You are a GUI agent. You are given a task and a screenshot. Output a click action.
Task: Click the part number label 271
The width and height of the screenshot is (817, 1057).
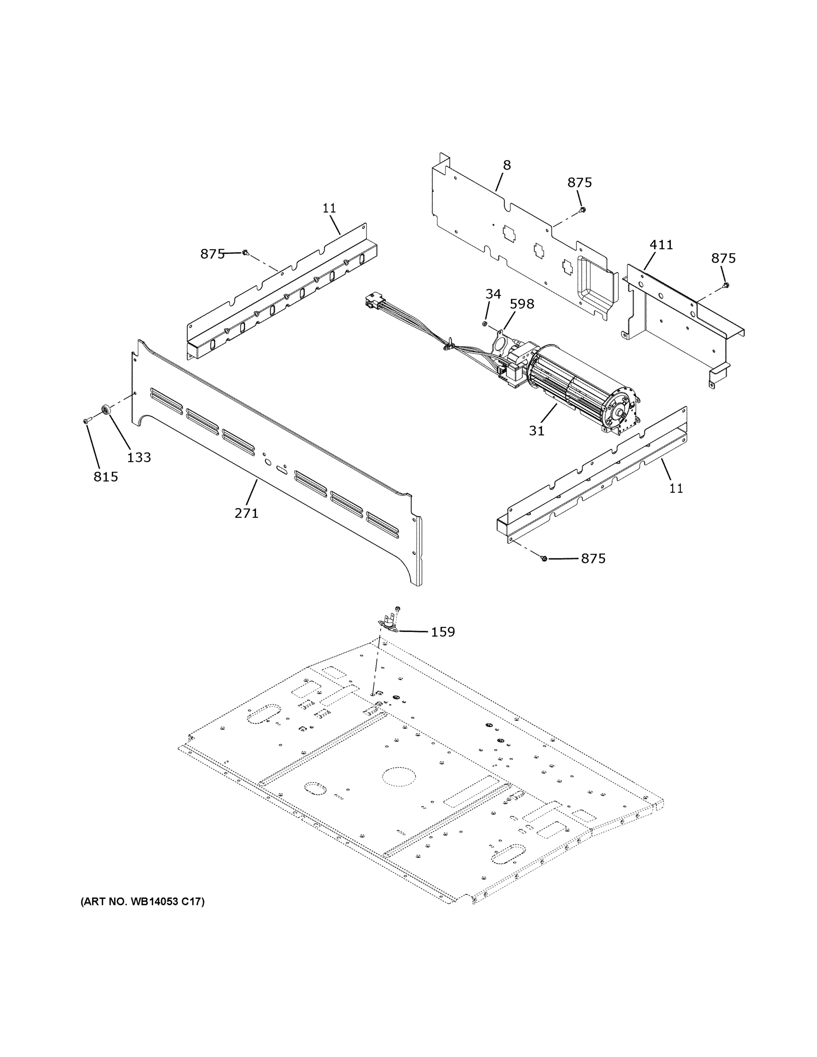[246, 513]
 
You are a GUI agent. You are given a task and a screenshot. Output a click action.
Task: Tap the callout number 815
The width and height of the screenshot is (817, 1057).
[106, 477]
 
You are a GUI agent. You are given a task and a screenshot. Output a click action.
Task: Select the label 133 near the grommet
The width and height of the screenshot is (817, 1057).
[139, 457]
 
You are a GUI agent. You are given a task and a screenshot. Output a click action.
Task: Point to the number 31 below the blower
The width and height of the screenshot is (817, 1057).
[537, 430]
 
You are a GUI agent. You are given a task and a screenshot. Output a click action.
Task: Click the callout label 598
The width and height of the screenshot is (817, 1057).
[522, 304]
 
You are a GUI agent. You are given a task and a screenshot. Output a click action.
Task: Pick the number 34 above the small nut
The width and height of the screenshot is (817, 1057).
[493, 294]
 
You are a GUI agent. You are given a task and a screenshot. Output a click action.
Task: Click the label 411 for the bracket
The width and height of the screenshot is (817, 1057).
[661, 245]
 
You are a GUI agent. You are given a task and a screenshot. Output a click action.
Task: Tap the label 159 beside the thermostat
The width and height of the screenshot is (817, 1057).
[443, 632]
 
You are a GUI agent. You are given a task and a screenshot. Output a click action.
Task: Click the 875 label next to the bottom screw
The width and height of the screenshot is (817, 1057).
[593, 558]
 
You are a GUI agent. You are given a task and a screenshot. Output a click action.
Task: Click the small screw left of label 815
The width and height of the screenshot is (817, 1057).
[87, 421]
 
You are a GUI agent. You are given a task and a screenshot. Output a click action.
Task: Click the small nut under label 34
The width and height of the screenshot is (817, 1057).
[485, 323]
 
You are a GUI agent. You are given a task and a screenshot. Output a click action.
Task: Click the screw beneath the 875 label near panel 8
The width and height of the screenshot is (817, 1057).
[583, 209]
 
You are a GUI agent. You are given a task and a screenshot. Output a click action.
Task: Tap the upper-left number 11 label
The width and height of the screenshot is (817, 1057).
[329, 208]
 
